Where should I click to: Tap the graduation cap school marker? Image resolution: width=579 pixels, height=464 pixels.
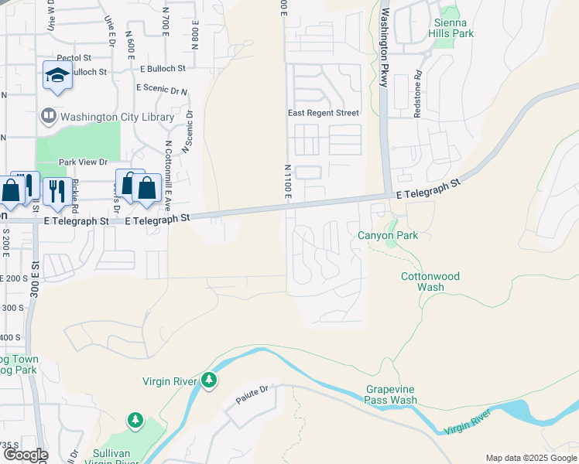pos(57,75)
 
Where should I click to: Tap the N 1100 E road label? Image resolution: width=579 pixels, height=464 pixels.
pos(286,184)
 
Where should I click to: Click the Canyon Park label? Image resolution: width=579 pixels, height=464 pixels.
pos(387,235)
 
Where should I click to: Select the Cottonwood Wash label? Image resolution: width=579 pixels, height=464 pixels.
pos(430,281)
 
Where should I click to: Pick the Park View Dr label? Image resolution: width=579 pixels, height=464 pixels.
pos(83,162)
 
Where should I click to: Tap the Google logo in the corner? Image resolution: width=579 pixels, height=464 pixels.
pos(25,455)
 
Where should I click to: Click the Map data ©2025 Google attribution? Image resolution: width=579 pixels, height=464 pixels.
pos(530,458)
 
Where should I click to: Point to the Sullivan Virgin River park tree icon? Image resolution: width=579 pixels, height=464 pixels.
pos(135,419)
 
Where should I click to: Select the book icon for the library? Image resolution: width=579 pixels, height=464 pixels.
pos(48,117)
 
